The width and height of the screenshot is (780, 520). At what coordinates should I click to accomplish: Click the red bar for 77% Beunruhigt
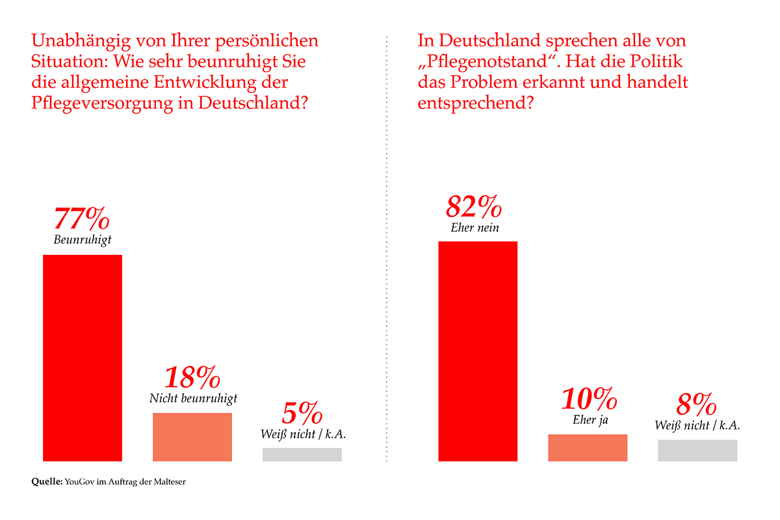[x=83, y=357]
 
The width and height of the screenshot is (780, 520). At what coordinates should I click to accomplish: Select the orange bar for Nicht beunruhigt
[x=192, y=437]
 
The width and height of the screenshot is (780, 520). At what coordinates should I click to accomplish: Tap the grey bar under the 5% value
[x=302, y=454]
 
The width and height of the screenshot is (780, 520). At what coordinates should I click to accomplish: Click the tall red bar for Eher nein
[x=478, y=351]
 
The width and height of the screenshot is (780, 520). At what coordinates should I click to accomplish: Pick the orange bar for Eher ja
[x=588, y=447]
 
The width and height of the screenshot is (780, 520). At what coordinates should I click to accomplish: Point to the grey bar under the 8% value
[x=697, y=450]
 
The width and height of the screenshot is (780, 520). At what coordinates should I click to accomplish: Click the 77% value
[x=83, y=219]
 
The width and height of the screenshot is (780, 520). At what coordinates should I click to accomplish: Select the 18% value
[x=192, y=378]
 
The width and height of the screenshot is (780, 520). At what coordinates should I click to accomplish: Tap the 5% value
[x=302, y=414]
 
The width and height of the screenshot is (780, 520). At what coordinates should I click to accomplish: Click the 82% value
[x=474, y=207]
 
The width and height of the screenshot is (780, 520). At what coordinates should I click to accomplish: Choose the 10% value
[x=590, y=399]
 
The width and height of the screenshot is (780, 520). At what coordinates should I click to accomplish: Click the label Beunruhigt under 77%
[x=83, y=240]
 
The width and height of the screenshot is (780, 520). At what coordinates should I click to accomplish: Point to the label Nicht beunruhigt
[x=193, y=398]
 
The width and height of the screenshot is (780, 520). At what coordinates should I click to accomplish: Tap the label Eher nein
[x=474, y=227]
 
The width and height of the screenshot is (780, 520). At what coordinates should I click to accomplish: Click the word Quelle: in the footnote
[x=47, y=482]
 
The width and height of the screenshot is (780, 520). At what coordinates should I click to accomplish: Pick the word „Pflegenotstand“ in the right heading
[x=488, y=62]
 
